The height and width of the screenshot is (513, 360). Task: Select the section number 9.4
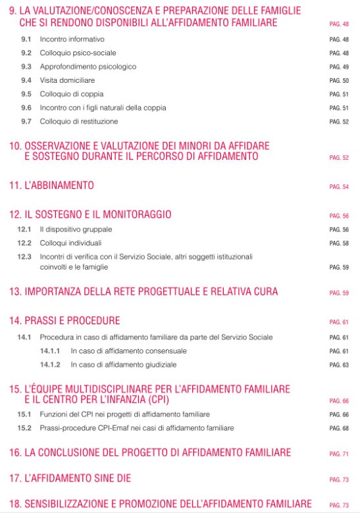pyautogui.click(x=26, y=80)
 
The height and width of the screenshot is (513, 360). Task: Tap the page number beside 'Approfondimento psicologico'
pyautogui.click(x=339, y=67)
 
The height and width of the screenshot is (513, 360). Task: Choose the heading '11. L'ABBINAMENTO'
pyautogui.click(x=51, y=186)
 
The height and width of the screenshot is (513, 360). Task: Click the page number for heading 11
pyautogui.click(x=339, y=187)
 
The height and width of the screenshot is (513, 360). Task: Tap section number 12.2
pyautogui.click(x=24, y=243)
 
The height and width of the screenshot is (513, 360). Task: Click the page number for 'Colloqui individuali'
pyautogui.click(x=339, y=244)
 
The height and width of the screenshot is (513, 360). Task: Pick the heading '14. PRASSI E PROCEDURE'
pyautogui.click(x=64, y=321)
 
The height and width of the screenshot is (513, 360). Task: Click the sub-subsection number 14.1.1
pyautogui.click(x=50, y=351)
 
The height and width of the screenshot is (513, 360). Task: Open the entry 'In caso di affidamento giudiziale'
pyautogui.click(x=123, y=364)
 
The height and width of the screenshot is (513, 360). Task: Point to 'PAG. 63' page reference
pyautogui.click(x=339, y=364)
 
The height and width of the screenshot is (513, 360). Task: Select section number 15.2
pyautogui.click(x=24, y=428)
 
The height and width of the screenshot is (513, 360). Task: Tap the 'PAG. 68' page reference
pyautogui.click(x=339, y=429)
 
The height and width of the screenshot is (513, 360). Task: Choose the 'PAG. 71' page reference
pyautogui.click(x=339, y=454)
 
